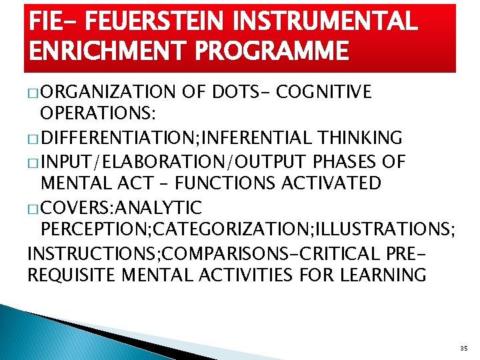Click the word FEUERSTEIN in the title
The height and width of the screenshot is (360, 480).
point(145,23)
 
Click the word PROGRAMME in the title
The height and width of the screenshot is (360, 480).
point(269,51)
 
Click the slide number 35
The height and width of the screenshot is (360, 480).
point(464,348)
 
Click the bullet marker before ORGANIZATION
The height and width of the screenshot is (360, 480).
point(33,93)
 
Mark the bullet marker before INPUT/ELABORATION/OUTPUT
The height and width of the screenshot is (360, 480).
point(33,162)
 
